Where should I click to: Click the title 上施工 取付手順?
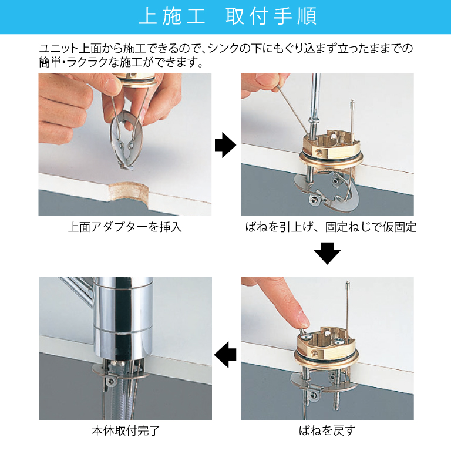[x=228, y=16]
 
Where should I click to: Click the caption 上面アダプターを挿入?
[x=125, y=227]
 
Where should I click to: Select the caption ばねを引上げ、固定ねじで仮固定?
[x=331, y=227]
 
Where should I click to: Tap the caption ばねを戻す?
[x=327, y=431]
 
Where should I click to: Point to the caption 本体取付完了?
[x=126, y=431]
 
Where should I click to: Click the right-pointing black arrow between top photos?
[x=225, y=145]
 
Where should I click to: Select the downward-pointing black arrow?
[x=327, y=253]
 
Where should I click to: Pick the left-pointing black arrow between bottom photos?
[x=225, y=355]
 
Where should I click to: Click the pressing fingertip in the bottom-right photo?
[x=302, y=319]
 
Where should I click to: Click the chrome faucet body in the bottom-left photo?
[x=123, y=319]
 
